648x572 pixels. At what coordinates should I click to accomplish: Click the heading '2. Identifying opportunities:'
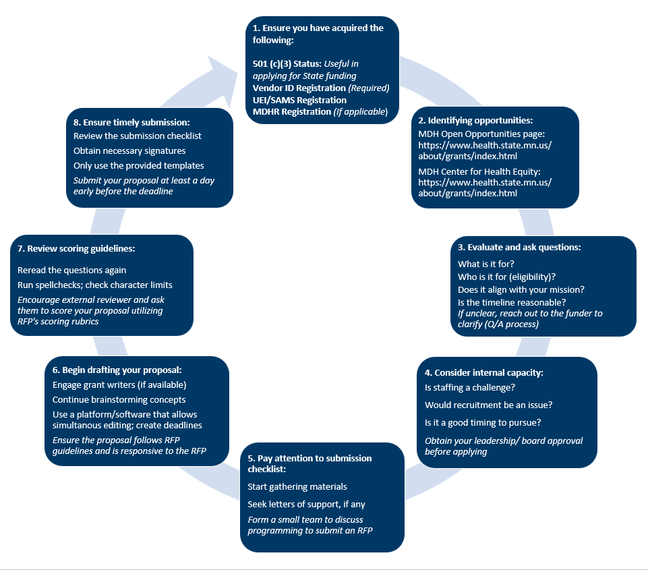pos(476,121)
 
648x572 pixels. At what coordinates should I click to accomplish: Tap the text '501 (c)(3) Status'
pos(283,64)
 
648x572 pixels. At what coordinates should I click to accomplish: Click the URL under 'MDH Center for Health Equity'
pos(485,188)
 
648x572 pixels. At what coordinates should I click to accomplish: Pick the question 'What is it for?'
pos(485,264)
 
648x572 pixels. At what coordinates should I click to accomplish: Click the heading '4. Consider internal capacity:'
pos(483,372)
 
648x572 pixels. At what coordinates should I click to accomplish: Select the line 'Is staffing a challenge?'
pos(470,387)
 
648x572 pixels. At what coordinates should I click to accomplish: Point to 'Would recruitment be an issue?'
pos(488,405)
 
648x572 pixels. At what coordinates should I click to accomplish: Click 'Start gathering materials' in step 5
pos(297,486)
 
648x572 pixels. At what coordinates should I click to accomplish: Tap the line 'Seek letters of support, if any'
pos(307,504)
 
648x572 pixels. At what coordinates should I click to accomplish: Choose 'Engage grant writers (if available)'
pos(119,384)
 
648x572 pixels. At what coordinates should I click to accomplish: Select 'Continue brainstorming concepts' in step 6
pos(119,399)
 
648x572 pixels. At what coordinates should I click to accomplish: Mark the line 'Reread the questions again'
pos(72,270)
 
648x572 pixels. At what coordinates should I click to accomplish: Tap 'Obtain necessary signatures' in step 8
pos(129,150)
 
